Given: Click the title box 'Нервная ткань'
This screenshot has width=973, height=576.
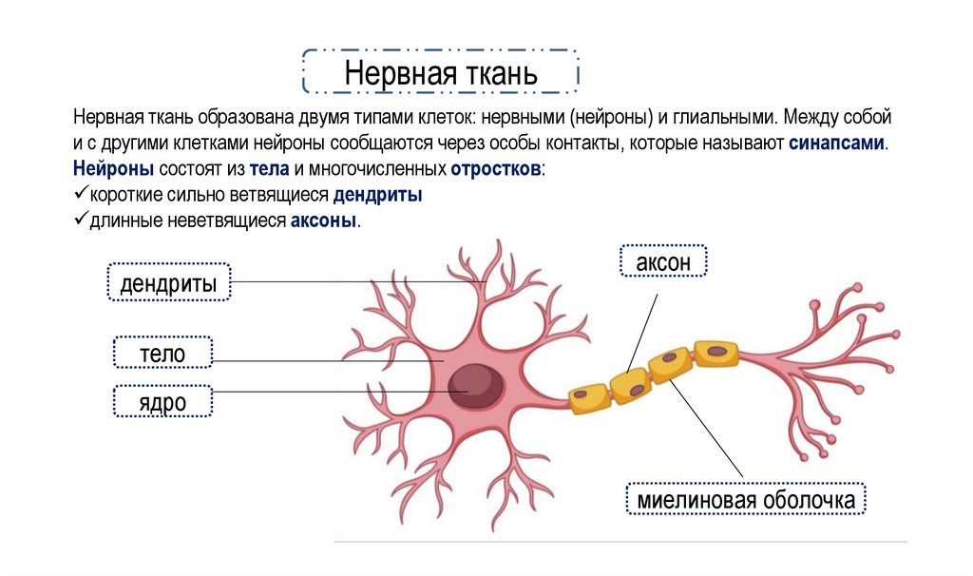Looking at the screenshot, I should pyautogui.click(x=440, y=71).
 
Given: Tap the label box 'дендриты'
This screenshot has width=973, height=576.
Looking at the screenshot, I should pyautogui.click(x=169, y=282).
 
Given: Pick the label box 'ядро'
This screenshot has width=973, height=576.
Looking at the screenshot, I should pyautogui.click(x=162, y=401).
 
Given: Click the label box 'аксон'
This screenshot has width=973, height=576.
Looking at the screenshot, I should pyautogui.click(x=662, y=260).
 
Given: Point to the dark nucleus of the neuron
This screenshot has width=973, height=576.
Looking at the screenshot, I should pyautogui.click(x=476, y=380).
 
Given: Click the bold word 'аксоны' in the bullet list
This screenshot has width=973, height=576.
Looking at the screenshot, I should pyautogui.click(x=324, y=221).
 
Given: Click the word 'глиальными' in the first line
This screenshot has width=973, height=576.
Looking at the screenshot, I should pyautogui.click(x=716, y=120).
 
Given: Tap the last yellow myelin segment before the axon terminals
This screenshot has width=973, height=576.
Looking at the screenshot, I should pyautogui.click(x=715, y=353).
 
